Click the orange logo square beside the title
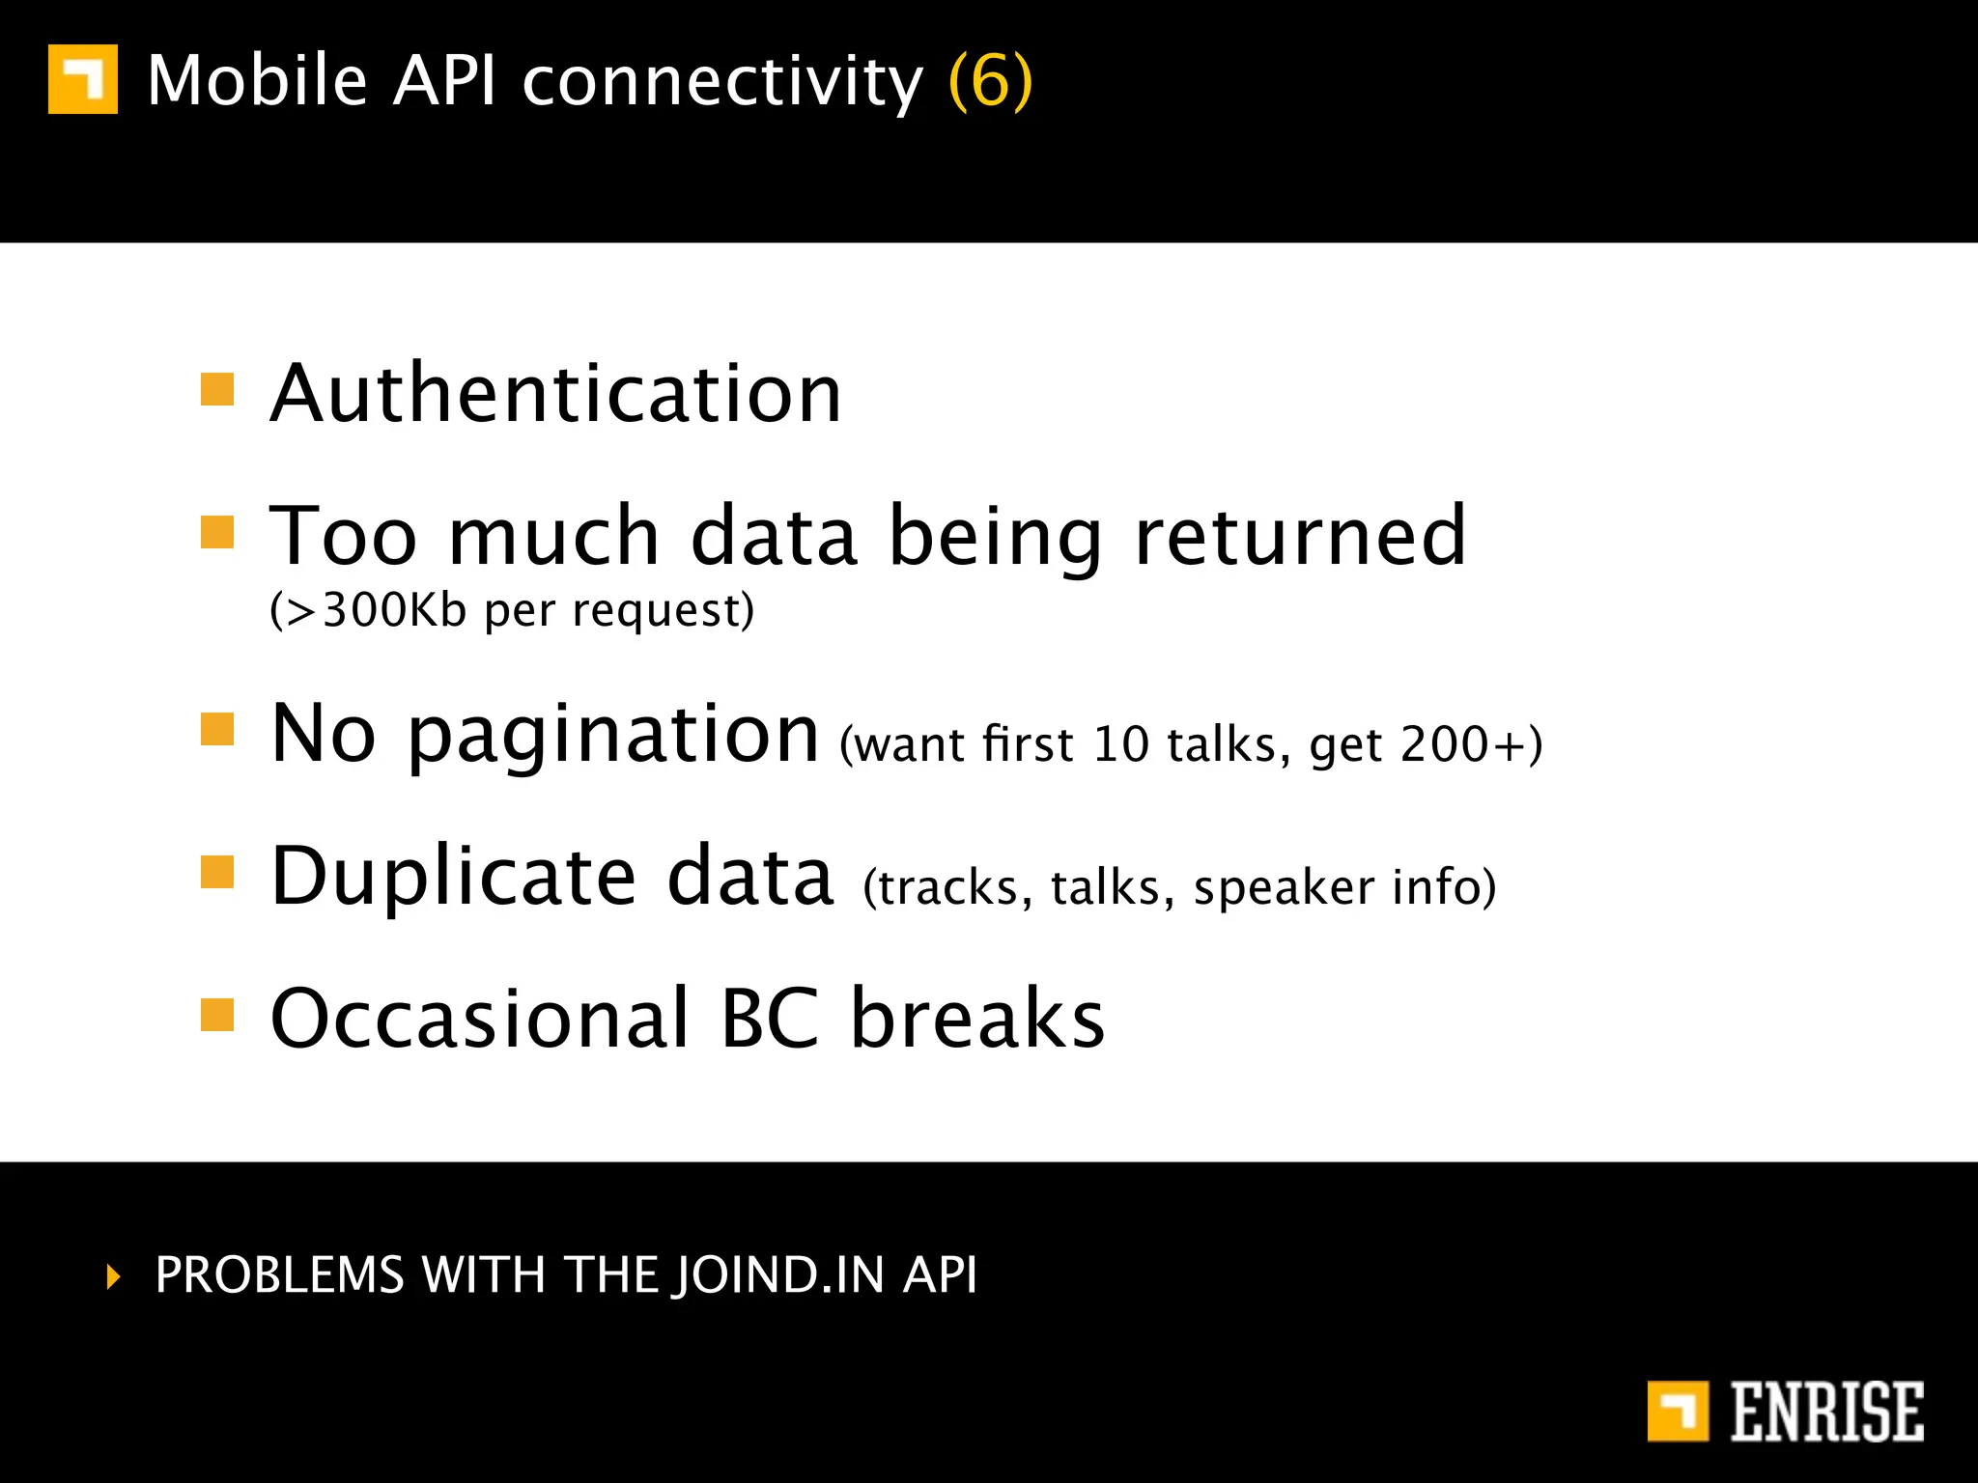click(x=83, y=79)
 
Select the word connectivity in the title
click(x=722, y=81)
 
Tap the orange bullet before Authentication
click(x=217, y=390)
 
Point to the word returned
click(x=1300, y=537)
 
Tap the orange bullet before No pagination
click(x=217, y=730)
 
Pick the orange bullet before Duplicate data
click(x=217, y=872)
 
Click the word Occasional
click(x=480, y=1019)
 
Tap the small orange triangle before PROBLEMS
click(x=114, y=1276)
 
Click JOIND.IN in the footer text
click(x=780, y=1275)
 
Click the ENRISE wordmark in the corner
click(x=1826, y=1412)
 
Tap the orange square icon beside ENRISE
click(x=1678, y=1412)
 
